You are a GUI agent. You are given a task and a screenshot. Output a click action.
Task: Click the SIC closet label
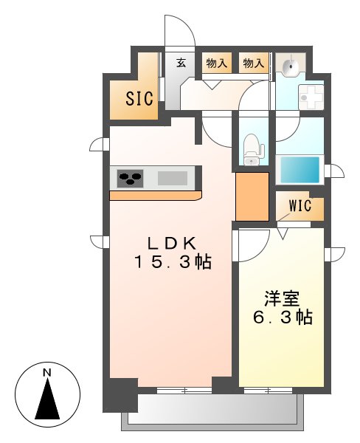pos(139,99)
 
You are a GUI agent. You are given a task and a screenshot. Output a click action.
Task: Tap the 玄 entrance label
pos(181,63)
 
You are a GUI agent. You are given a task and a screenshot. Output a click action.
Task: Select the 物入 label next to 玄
pos(216,63)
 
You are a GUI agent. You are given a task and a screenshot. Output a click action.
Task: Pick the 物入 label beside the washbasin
pos(253,63)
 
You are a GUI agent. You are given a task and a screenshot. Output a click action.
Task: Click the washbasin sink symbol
pos(292,66)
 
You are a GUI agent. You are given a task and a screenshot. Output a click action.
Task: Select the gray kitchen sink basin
pos(172,178)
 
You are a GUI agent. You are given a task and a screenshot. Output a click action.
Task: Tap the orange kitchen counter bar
pos(155,196)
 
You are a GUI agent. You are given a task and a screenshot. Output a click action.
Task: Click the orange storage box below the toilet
pos(252,195)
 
